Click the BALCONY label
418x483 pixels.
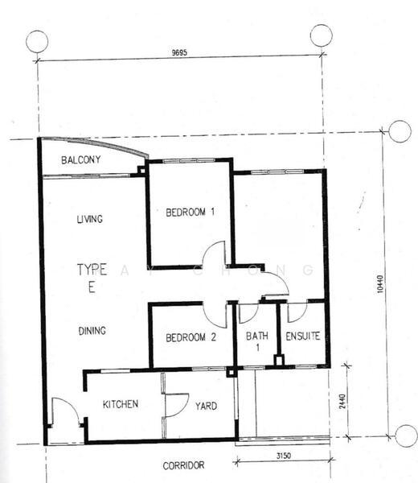[81, 159]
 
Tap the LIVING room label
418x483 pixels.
[91, 218]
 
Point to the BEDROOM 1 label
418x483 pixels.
[191, 213]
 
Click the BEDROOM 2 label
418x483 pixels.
[191, 338]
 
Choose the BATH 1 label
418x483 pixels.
[253, 343]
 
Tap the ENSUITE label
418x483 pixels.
[302, 338]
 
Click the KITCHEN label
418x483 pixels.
[121, 404]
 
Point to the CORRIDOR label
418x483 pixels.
[183, 465]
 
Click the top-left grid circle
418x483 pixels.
[37, 41]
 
